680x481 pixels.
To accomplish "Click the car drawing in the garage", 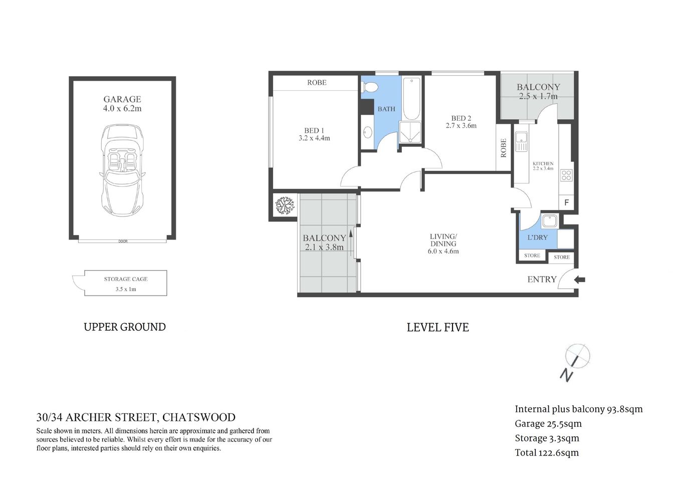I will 122,170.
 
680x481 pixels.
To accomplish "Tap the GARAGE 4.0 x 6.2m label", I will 122,104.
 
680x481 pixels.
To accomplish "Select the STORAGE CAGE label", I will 126,279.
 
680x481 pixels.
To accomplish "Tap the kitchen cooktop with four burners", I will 566,175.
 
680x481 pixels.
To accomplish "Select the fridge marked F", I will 566,203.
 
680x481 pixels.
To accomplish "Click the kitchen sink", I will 521,141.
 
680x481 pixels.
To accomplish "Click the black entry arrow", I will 579,280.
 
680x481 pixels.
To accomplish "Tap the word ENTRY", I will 542,280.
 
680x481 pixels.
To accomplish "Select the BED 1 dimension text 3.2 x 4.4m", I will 314,138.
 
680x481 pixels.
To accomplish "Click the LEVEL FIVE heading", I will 437,328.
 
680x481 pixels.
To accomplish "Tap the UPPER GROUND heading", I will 125,327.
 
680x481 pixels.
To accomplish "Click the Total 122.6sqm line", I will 547,453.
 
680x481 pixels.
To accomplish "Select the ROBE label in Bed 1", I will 317,83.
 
